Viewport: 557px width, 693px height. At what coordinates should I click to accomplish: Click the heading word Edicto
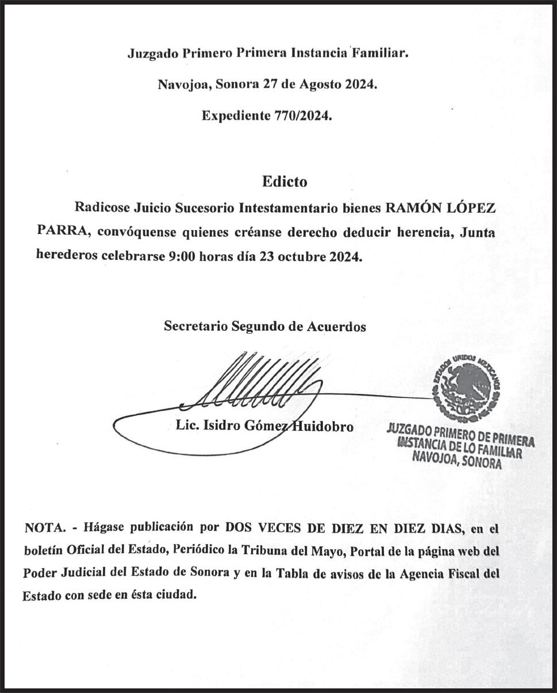pyautogui.click(x=285, y=182)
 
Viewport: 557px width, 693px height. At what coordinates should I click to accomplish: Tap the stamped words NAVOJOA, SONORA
pyautogui.click(x=456, y=461)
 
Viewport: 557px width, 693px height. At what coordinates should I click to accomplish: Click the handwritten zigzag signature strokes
pyautogui.click(x=259, y=382)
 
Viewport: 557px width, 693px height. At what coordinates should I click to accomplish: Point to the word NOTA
pyautogui.click(x=44, y=528)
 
